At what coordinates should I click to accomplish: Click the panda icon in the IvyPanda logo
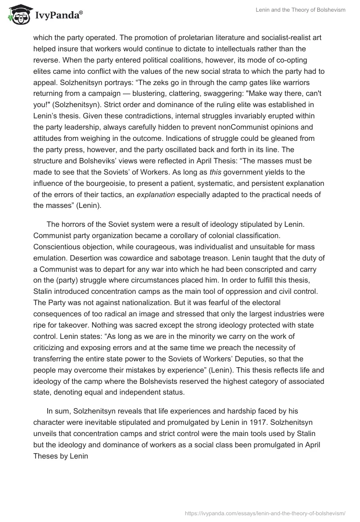[x=17, y=14]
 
